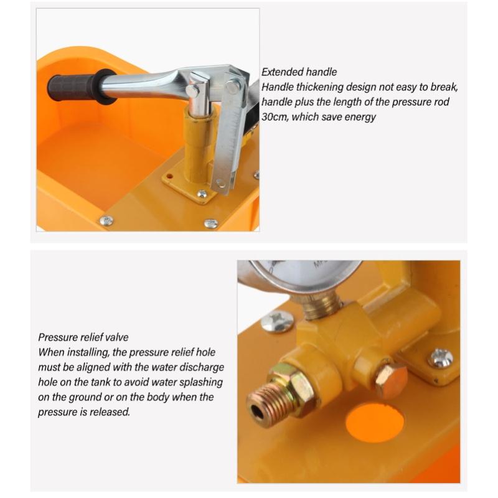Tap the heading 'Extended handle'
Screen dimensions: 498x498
[299, 72]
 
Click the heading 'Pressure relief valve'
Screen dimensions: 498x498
[83, 337]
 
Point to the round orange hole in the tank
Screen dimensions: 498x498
[375, 423]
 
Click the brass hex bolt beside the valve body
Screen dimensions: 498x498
[391, 380]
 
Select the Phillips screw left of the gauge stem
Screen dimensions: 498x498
[277, 321]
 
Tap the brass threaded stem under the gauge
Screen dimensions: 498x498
[321, 306]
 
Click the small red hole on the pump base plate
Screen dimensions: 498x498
[169, 176]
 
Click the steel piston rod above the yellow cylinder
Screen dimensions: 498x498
[197, 95]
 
